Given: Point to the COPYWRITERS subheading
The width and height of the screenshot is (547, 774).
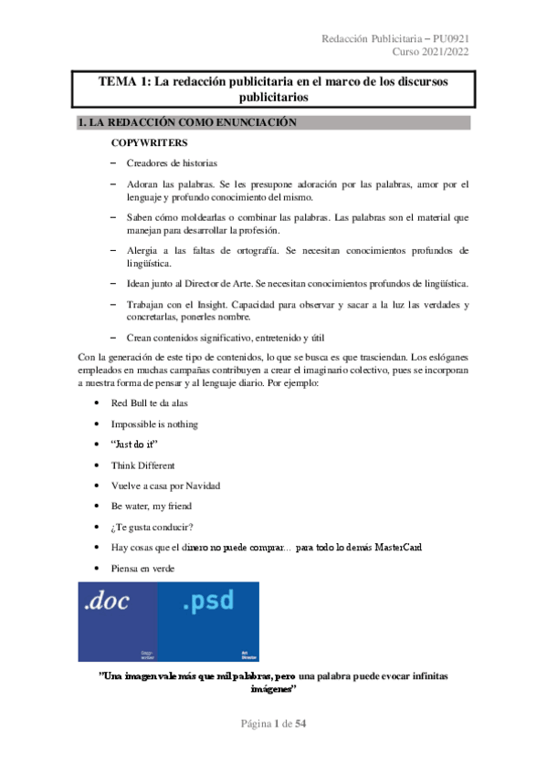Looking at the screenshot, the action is (x=150, y=144).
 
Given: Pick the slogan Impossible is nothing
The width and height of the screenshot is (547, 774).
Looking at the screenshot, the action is (x=154, y=424).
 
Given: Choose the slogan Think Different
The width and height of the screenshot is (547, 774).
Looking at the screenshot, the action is (x=149, y=465).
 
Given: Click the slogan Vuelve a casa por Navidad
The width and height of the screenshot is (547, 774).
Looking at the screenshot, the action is (x=165, y=485).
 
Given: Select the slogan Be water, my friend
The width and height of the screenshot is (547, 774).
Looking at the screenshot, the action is (x=152, y=506).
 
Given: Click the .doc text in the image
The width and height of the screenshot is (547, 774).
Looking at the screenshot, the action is (x=106, y=601).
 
